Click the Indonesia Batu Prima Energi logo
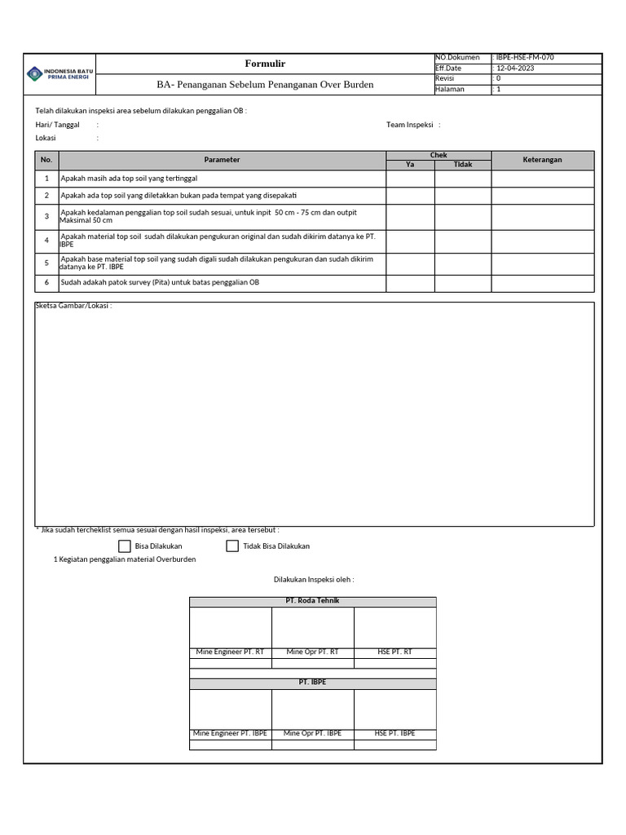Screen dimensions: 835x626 coord(60,73)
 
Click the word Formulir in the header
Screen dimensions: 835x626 coord(265,64)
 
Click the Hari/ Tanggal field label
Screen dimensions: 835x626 coord(57,125)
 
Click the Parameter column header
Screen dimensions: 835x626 coord(222,160)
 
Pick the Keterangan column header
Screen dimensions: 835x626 coord(542,160)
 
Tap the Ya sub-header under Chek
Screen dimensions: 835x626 coord(410,165)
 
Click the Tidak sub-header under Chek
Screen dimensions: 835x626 coord(463,165)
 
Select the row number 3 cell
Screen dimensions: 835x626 coord(47,216)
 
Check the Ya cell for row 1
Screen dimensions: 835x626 coord(410,178)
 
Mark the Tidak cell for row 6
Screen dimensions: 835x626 coord(463,282)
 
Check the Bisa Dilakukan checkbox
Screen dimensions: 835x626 coord(125,546)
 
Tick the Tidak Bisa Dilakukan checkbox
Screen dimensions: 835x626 coord(232,546)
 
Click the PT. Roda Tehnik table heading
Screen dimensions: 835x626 coord(313,601)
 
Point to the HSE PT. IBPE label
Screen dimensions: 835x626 coord(395,733)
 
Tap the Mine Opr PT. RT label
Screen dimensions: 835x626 coord(313,652)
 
